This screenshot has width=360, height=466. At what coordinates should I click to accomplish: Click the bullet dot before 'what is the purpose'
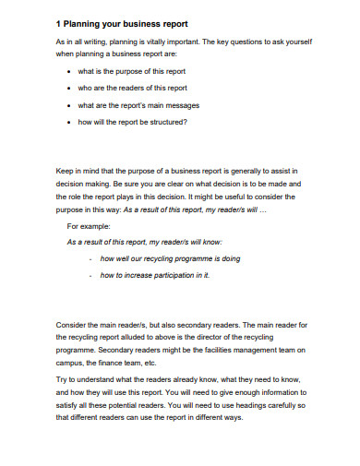click(x=73, y=72)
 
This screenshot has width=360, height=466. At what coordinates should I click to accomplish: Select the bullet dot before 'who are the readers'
click(x=73, y=89)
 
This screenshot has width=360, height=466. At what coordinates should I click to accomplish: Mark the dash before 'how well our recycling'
click(x=90, y=258)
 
